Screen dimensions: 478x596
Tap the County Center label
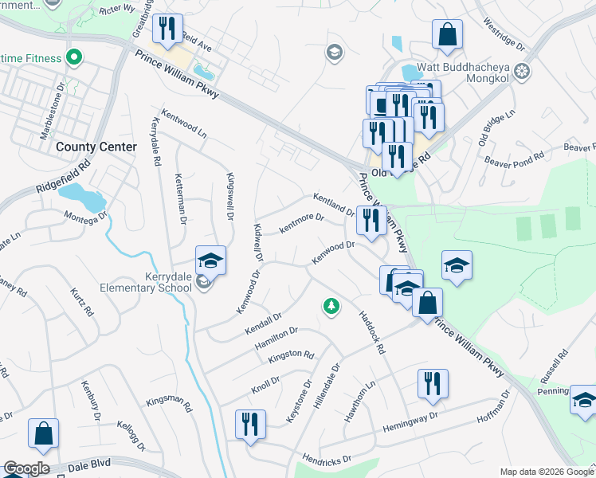pyautogui.click(x=96, y=147)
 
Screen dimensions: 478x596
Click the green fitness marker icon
pyautogui.click(x=74, y=58)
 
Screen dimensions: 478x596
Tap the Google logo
pyautogui.click(x=25, y=468)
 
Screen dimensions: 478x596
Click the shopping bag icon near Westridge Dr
pyautogui.click(x=448, y=33)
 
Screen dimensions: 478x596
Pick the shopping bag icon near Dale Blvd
pyautogui.click(x=43, y=433)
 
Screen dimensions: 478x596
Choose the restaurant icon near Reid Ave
pyautogui.click(x=167, y=29)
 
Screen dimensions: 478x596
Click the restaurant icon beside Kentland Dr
pyautogui.click(x=371, y=220)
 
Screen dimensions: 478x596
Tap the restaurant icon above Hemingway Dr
pyautogui.click(x=433, y=383)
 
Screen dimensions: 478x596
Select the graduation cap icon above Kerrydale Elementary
pyautogui.click(x=210, y=260)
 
